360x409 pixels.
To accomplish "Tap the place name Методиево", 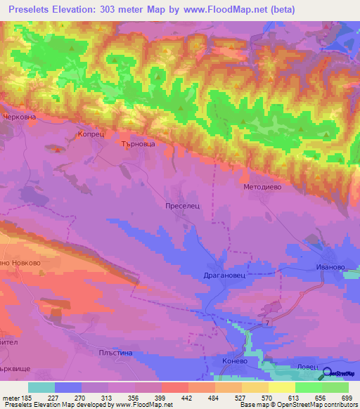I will pyautogui.click(x=262, y=188).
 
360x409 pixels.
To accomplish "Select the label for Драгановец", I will pyautogui.click(x=224, y=276).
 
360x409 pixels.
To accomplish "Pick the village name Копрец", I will pyautogui.click(x=91, y=132).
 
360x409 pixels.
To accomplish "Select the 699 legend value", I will pyautogui.click(x=347, y=398).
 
